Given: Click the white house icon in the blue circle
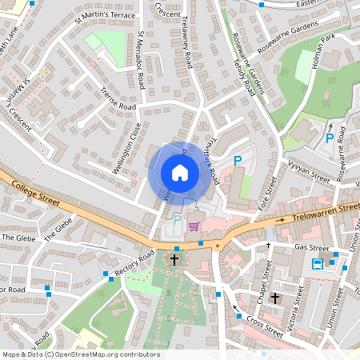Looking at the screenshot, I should pos(179,173).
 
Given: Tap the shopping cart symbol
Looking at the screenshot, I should pos(194,227).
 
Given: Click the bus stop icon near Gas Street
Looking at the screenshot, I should pos(318,265).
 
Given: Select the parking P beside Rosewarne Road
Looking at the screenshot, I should pos(330,138).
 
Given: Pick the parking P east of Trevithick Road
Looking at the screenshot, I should pos(237,162).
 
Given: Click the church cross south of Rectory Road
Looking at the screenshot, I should pos(174,258).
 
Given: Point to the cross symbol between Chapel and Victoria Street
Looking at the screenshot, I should pos(274,298).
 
